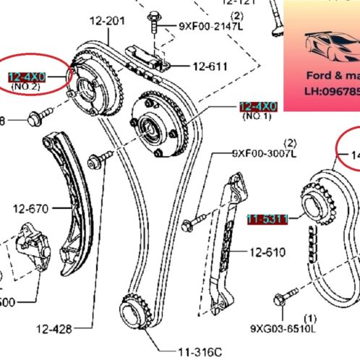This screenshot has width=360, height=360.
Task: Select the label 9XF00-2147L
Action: (211, 26)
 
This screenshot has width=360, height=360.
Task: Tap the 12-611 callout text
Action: (209, 67)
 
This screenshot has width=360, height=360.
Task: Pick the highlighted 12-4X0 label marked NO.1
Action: (258, 106)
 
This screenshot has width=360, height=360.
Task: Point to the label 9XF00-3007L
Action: (265, 153)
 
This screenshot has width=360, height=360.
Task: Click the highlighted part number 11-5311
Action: (267, 218)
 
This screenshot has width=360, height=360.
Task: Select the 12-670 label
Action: (30, 210)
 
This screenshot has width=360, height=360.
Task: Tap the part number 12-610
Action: (267, 252)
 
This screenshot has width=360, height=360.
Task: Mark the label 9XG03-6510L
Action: (283, 329)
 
